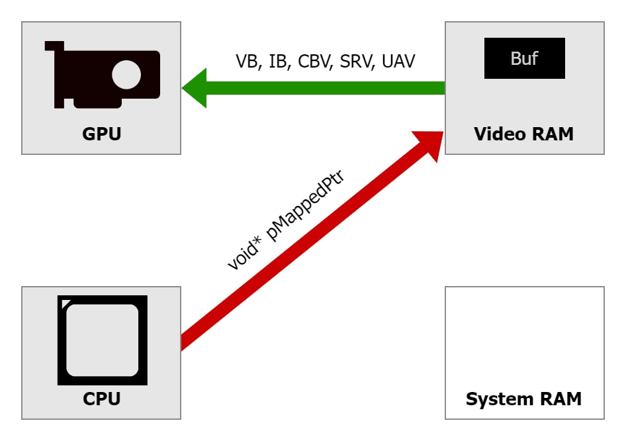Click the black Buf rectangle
524,58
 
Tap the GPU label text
101,134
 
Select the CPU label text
101,399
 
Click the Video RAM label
523,134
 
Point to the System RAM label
523,399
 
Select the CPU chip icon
103,340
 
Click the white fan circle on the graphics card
126,75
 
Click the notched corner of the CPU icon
64,301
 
